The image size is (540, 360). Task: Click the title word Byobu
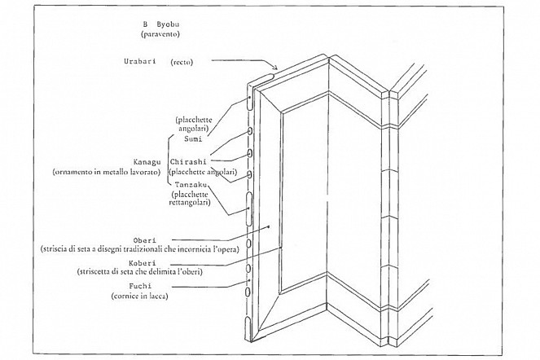coord(168,24)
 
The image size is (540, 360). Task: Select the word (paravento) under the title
coord(160,34)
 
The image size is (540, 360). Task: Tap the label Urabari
coord(140,61)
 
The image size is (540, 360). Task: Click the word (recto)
coord(182,63)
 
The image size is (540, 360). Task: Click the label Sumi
coord(193,139)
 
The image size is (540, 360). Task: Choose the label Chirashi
coord(188,161)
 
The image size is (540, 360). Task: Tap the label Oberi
coord(145,240)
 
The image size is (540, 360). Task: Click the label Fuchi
coord(140,286)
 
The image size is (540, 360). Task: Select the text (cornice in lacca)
coord(139,296)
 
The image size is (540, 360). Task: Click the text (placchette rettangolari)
coord(190,199)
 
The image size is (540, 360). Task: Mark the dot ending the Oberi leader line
coord(269,226)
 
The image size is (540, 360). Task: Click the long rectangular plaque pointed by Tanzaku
coord(248,209)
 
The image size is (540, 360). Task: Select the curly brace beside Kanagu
coord(169,161)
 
